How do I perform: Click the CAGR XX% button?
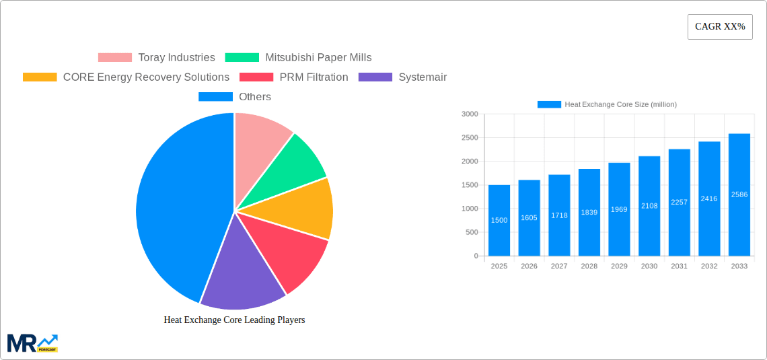tap(720, 27)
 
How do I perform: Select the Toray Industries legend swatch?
tap(115, 58)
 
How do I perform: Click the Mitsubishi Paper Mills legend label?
tap(318, 58)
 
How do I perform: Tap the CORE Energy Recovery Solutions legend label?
tap(146, 77)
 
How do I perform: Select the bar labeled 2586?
tap(739, 195)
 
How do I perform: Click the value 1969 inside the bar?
tap(619, 209)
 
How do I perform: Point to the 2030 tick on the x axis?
tap(649, 266)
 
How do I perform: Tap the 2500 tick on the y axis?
tap(470, 138)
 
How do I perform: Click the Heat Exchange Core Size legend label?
tap(620, 104)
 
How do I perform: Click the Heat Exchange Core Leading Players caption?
tap(234, 320)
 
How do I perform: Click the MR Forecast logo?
tap(32, 343)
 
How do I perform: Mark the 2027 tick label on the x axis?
tap(559, 266)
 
